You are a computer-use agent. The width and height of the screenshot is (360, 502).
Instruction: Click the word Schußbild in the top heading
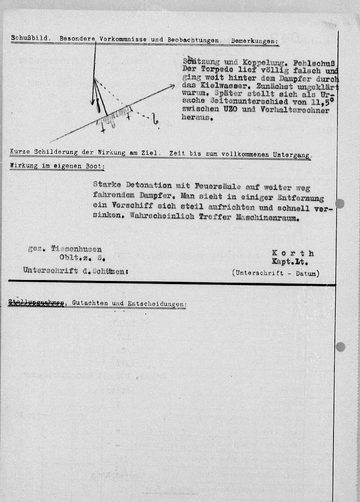tap(30, 39)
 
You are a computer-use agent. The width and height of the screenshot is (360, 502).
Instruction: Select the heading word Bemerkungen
tap(254, 41)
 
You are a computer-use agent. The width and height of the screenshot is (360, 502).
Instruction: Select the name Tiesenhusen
tap(76, 249)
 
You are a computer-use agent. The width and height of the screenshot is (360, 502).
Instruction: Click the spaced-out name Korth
tap(293, 253)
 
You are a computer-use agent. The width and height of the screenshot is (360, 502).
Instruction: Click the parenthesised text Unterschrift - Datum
tap(276, 273)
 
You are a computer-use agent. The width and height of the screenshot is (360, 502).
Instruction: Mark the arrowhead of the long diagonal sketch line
tap(172, 86)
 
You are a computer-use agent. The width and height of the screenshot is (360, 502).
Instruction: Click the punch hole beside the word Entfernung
tap(340, 204)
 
